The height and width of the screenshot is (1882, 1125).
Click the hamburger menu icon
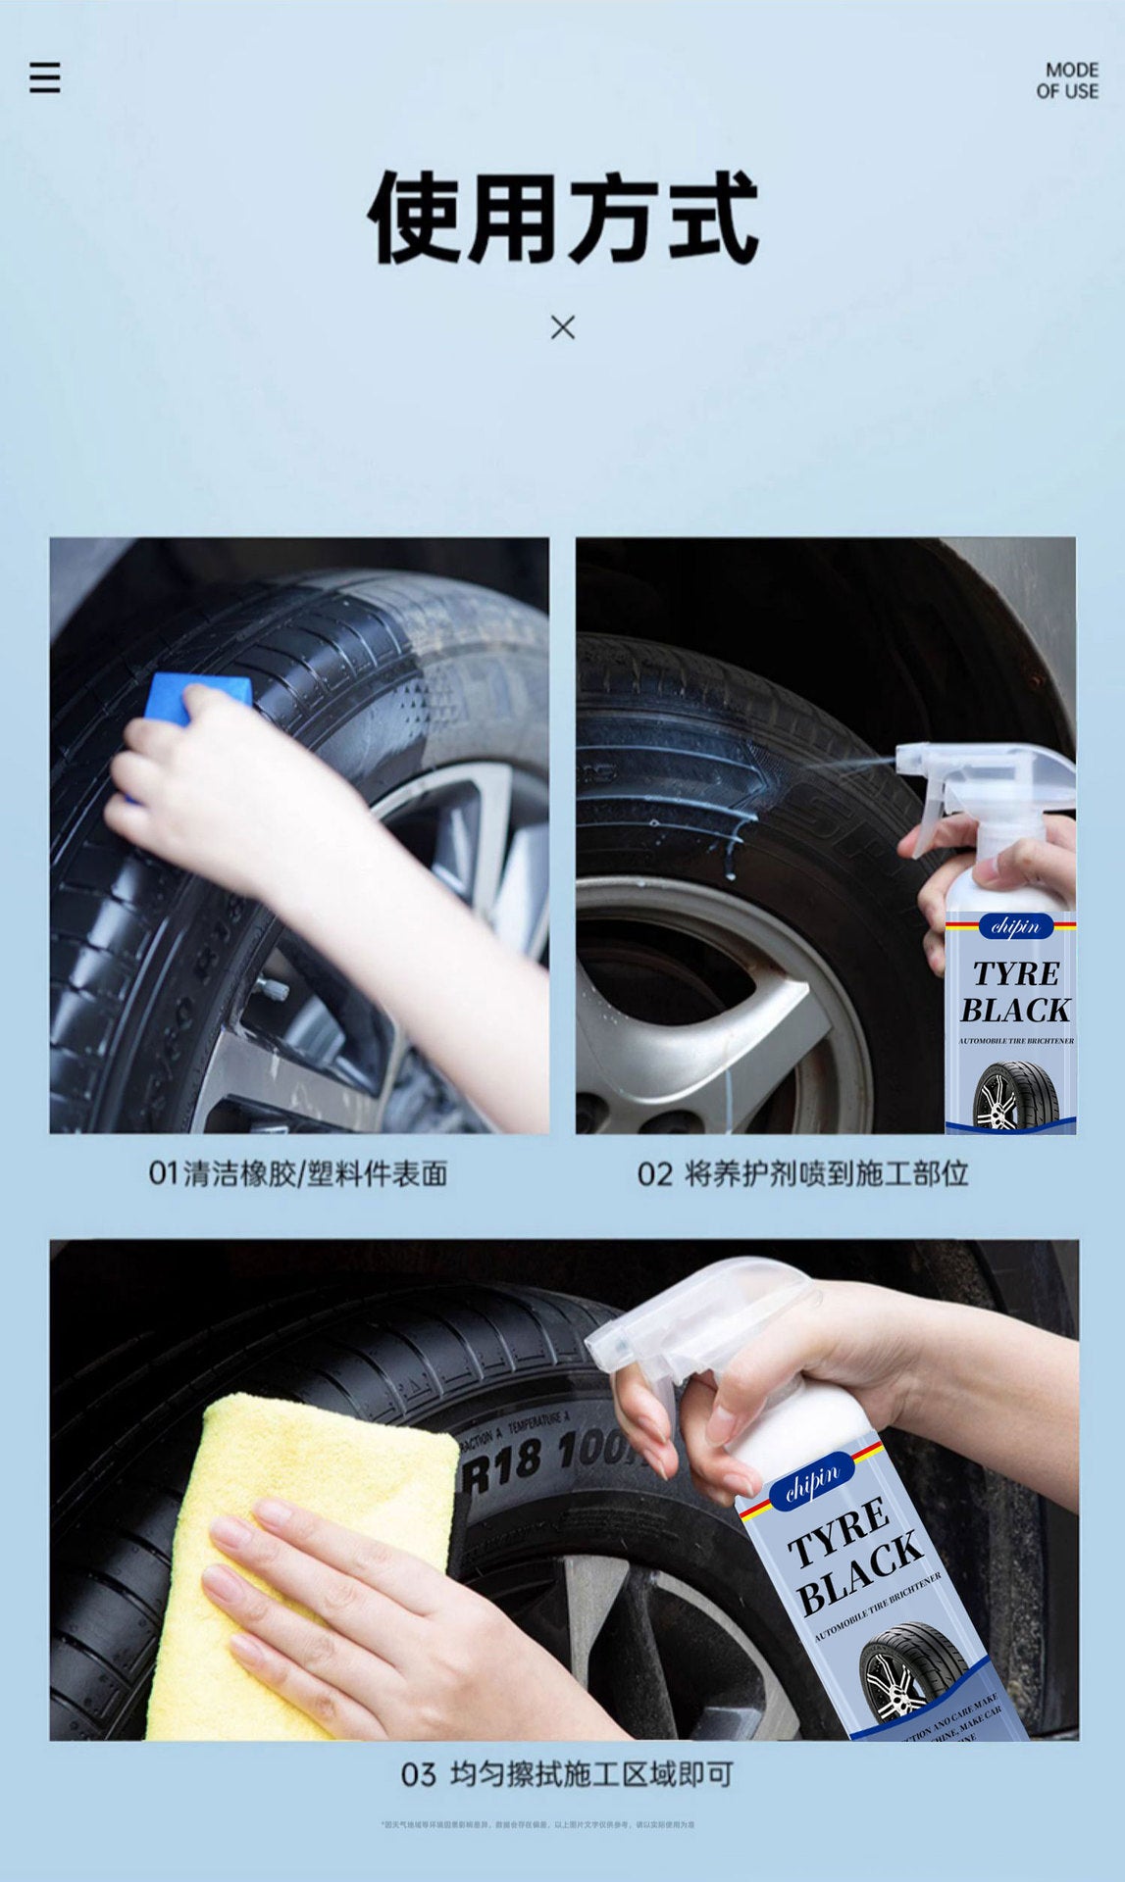click(44, 77)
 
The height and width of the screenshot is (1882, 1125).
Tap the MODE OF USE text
click(1067, 80)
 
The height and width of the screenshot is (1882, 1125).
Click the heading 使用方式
click(562, 218)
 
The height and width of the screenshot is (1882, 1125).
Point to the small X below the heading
click(562, 327)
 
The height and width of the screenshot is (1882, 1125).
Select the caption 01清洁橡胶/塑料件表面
click(298, 1172)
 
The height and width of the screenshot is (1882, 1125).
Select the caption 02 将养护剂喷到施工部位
click(802, 1172)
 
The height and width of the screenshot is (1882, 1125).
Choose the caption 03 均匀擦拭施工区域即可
click(566, 1773)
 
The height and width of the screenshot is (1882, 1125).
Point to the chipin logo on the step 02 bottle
click(1014, 926)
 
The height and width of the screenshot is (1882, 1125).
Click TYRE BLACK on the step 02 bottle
click(1015, 992)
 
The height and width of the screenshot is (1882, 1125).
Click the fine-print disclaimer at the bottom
click(537, 1824)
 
